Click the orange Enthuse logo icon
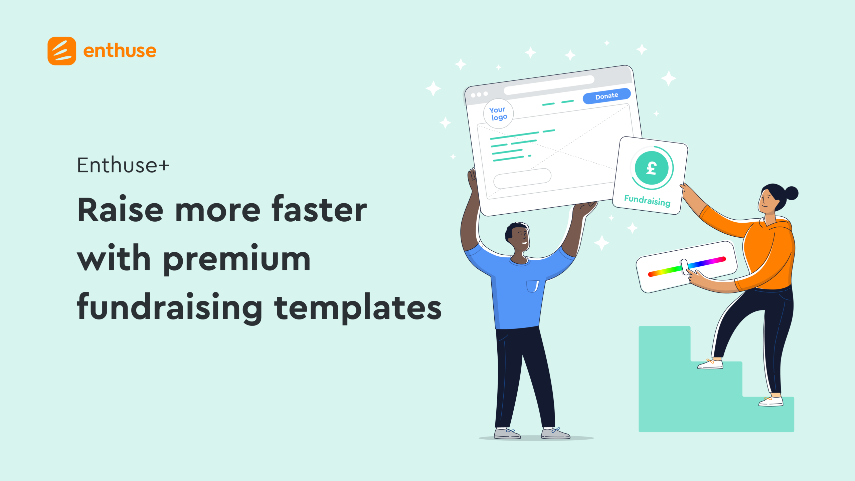pyautogui.click(x=62, y=51)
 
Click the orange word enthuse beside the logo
pyautogui.click(x=120, y=51)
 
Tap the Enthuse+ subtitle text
pyautogui.click(x=123, y=165)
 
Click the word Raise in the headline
pyautogui.click(x=120, y=210)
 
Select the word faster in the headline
pyautogui.click(x=319, y=209)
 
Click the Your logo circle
pyautogui.click(x=498, y=113)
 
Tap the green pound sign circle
pyautogui.click(x=652, y=168)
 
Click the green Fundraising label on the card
pyautogui.click(x=647, y=201)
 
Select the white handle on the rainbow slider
pyautogui.click(x=685, y=267)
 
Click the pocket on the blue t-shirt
pyautogui.click(x=533, y=286)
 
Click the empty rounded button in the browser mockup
pyautogui.click(x=522, y=178)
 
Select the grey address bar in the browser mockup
pyautogui.click(x=549, y=85)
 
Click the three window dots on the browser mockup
pyautogui.click(x=479, y=94)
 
